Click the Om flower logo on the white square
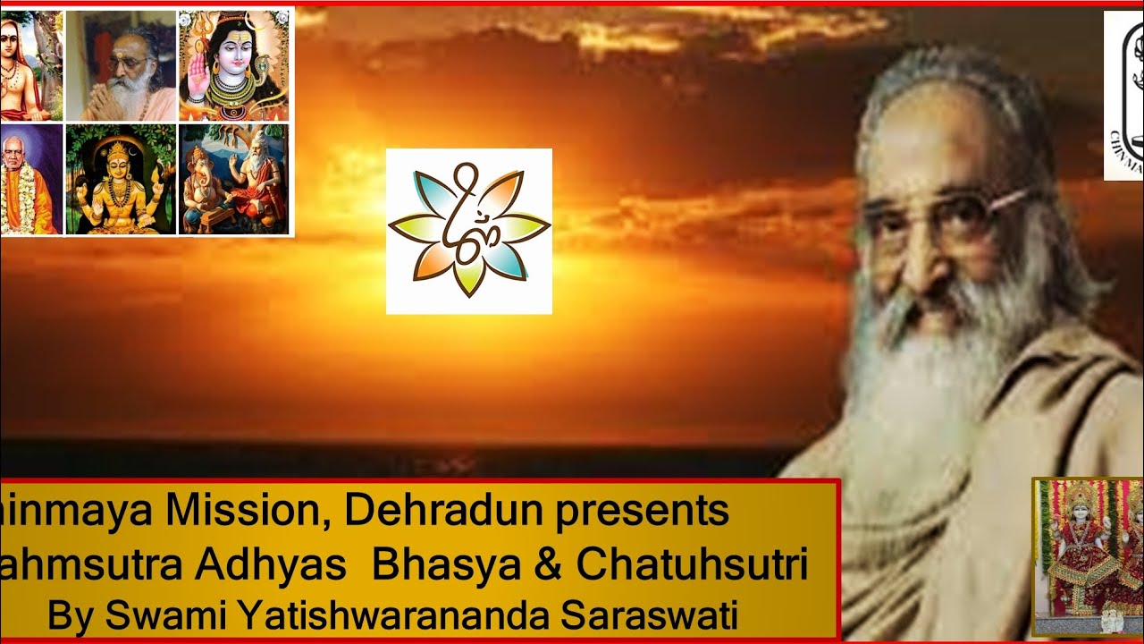pyautogui.click(x=468, y=231)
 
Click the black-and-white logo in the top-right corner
pyautogui.click(x=1124, y=95)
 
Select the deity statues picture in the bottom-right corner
pyautogui.click(x=1087, y=556)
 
